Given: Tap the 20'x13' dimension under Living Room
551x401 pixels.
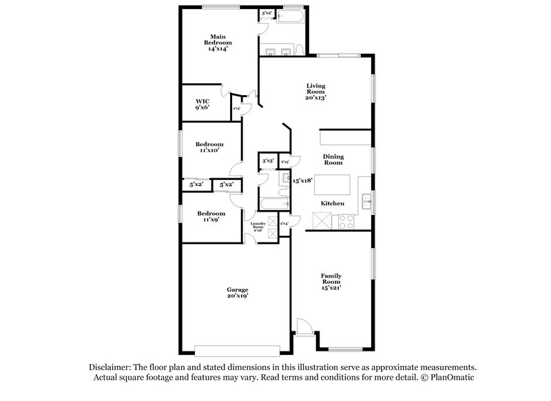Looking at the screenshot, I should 315,99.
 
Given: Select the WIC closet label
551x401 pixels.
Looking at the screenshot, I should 202,104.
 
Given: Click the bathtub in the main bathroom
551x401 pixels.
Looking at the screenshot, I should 287,14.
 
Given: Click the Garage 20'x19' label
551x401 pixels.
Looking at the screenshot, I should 238,293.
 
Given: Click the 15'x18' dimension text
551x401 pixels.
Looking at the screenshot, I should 302,181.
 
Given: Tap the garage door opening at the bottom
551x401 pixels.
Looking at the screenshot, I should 238,348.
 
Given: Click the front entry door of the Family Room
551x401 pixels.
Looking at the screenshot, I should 304,330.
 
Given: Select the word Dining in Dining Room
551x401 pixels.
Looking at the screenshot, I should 333,156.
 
